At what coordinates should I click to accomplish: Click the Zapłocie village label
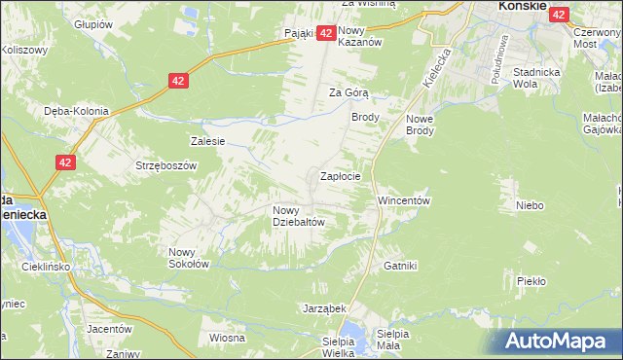[341, 177]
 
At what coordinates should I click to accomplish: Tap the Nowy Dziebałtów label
[298, 215]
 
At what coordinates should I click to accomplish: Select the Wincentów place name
[404, 200]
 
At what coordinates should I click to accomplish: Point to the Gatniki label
[400, 266]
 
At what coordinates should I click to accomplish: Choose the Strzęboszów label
[166, 165]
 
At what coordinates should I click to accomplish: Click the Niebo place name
[530, 205]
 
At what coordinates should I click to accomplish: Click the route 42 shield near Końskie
[559, 14]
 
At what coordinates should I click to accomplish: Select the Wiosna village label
[226, 338]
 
